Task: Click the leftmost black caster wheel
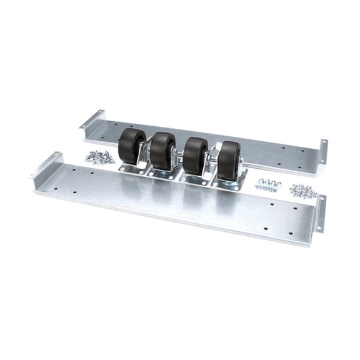click(131, 145)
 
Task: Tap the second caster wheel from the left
click(163, 150)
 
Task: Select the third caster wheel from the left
click(195, 154)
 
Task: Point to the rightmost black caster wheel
click(229, 160)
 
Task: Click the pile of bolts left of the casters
click(100, 157)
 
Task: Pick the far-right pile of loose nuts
click(303, 191)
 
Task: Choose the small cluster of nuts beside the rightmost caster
click(267, 184)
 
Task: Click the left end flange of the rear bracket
click(92, 119)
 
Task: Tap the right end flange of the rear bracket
click(323, 151)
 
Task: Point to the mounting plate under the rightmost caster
click(230, 182)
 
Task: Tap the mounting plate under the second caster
click(164, 173)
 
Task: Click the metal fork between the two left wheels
click(147, 150)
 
